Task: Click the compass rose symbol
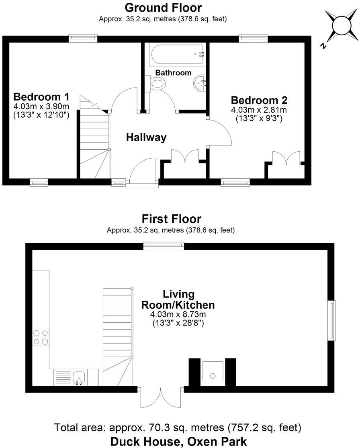pos(341,26)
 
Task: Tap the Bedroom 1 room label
pos(41,97)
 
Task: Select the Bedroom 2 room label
pos(259,100)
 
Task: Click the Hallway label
pos(146,138)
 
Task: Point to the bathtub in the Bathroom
pos(177,54)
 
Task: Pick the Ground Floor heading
pos(163,8)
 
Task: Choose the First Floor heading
pos(172,219)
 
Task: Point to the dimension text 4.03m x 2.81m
pos(259,110)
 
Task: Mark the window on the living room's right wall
pos(332,320)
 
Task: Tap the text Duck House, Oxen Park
pos(179,441)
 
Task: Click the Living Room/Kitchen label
pos(178,299)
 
